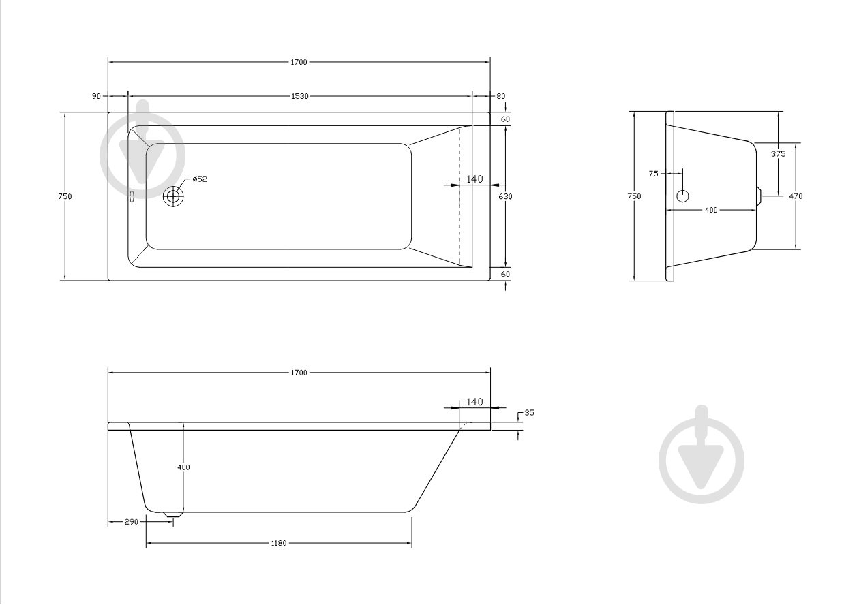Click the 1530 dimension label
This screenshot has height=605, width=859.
tap(299, 96)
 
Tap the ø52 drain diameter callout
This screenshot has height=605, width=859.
tap(200, 179)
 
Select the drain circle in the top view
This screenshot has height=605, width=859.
tap(173, 196)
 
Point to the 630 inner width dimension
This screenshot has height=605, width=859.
tap(505, 196)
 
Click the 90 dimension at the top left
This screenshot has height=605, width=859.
tap(96, 96)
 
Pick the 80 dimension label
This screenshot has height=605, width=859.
tap(501, 96)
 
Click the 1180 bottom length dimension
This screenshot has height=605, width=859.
tap(279, 543)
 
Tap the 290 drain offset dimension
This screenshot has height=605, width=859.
tap(131, 521)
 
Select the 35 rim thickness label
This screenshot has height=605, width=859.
tap(529, 413)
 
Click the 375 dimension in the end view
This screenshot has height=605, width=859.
tap(779, 154)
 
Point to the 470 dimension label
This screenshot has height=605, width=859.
tap(796, 196)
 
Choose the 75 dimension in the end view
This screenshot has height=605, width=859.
tap(653, 174)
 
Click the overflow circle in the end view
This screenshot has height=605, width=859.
tap(682, 196)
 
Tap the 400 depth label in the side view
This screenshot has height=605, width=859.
tap(183, 467)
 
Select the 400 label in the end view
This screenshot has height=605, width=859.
tap(711, 210)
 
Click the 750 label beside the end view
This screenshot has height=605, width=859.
tap(634, 196)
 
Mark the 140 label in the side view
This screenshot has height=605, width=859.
tap(474, 402)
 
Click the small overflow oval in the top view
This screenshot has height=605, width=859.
tap(133, 197)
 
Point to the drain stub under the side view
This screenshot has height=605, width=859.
tap(173, 514)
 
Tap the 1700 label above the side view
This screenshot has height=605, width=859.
tap(299, 373)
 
